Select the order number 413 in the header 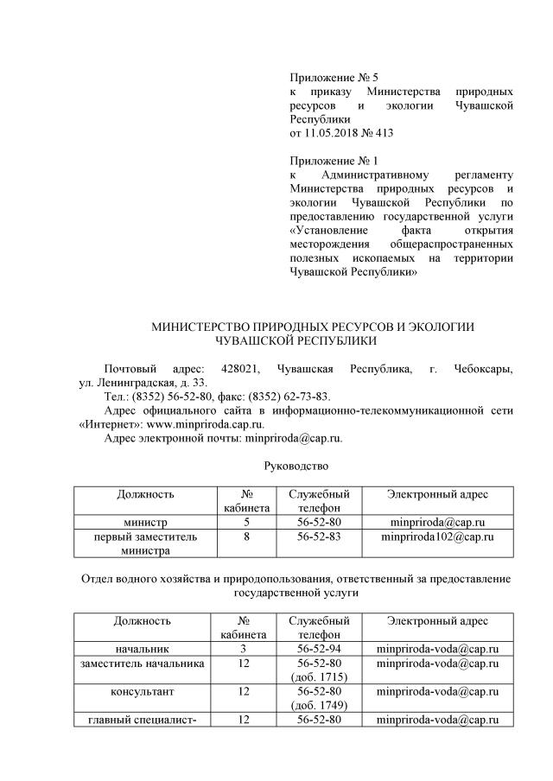tap(381, 133)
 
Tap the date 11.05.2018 tap(332, 133)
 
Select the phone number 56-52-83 tap(319, 537)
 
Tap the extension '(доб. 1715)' tap(319, 677)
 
